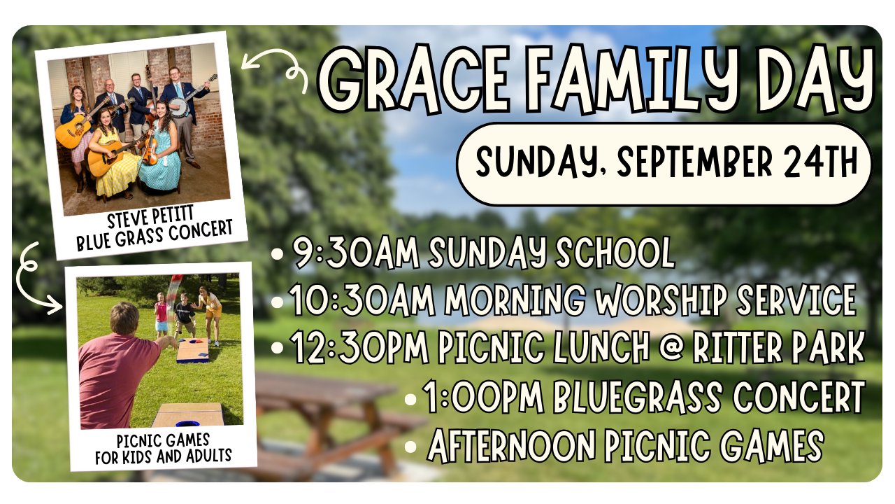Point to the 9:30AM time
tap(357, 253)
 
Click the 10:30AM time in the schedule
tap(361, 300)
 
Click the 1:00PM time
tap(482, 397)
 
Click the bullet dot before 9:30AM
tap(277, 254)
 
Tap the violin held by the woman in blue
tap(150, 150)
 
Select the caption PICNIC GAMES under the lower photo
tap(163, 441)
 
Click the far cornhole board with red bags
tap(192, 350)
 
